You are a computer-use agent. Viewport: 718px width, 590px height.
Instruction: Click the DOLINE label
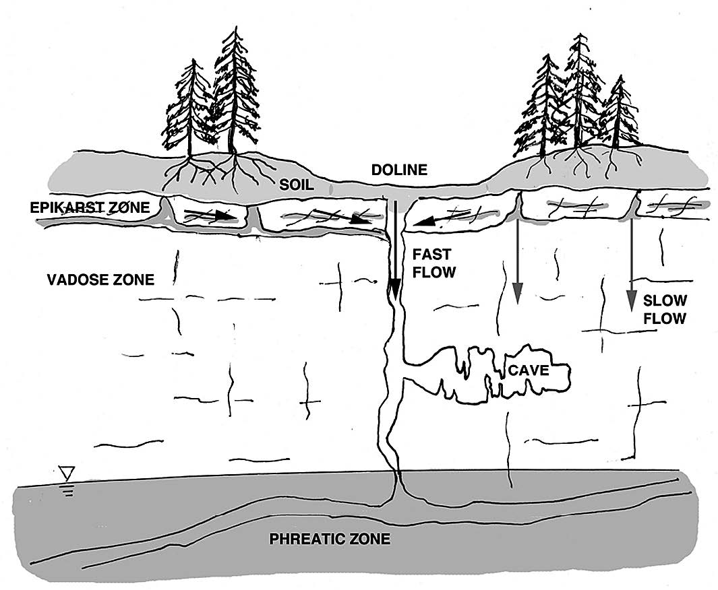tap(399, 170)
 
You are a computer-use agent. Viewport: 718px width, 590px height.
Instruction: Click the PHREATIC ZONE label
tap(330, 539)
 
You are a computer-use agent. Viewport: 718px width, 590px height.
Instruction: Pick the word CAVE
tap(529, 370)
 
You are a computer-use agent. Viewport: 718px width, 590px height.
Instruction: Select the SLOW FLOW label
tap(664, 309)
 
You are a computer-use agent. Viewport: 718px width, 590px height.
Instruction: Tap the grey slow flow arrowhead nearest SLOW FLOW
tap(631, 301)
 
